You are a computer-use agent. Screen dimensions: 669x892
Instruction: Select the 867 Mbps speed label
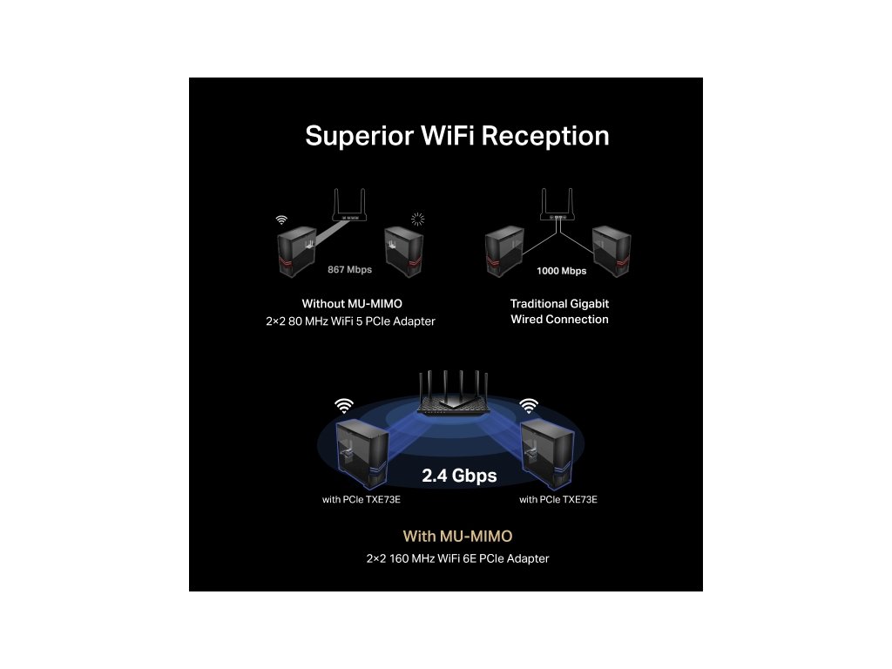[349, 269]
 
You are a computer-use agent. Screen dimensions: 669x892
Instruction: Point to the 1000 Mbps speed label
[561, 271]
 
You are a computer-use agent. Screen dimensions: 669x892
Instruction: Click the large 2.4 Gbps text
[459, 476]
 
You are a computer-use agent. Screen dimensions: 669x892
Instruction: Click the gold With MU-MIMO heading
[457, 536]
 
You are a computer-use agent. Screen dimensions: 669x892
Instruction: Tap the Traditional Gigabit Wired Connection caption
[559, 312]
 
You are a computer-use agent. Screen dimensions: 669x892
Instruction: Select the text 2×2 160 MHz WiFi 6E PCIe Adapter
[457, 558]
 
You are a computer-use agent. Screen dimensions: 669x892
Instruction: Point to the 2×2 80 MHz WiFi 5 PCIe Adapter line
[350, 321]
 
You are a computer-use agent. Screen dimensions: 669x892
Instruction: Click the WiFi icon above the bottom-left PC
[344, 405]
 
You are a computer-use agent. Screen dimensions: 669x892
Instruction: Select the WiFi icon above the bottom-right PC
[529, 405]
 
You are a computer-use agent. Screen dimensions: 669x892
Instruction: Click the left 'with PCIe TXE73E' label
[362, 500]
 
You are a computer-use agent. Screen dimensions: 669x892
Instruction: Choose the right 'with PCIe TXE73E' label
[558, 500]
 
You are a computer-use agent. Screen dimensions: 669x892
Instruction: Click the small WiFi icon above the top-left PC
[280, 220]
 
